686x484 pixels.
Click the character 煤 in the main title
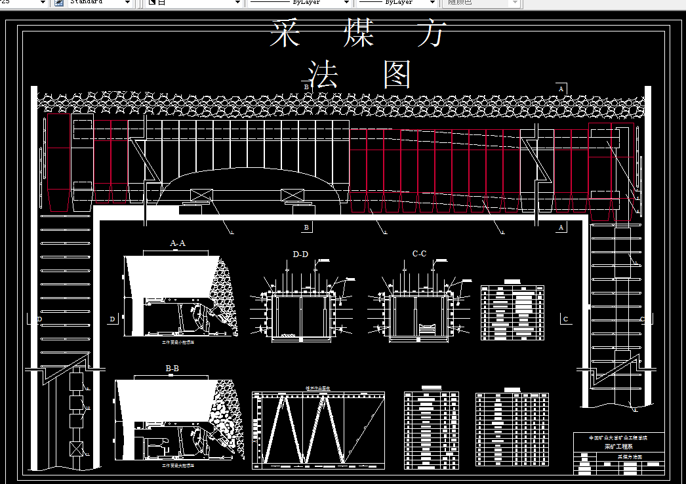click(358, 33)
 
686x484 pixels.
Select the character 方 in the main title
click(432, 33)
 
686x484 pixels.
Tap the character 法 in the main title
click(323, 74)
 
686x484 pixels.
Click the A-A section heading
click(178, 243)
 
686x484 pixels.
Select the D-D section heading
click(300, 254)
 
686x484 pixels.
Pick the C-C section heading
click(419, 254)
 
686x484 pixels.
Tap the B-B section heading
click(172, 369)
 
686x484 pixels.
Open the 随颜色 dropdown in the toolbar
click(483, 3)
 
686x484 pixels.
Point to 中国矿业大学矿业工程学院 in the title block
click(617, 437)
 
